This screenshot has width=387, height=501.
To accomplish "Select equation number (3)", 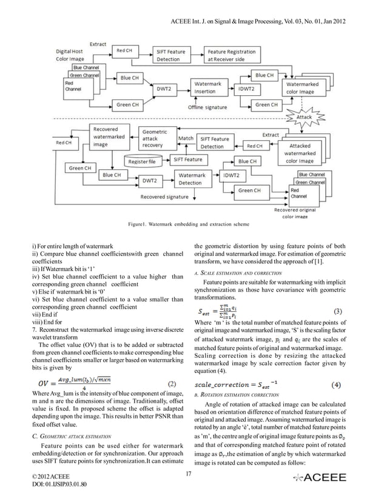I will (x=339, y=310).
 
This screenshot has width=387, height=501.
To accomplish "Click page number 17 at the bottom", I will (x=189, y=473).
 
